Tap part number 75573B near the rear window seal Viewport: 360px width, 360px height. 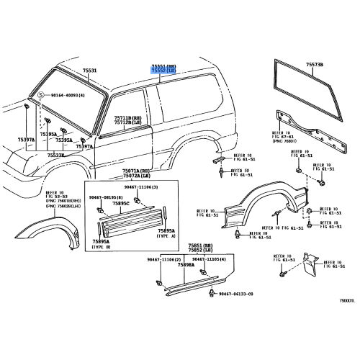coord(315,66)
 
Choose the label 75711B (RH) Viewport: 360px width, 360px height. coord(127,117)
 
